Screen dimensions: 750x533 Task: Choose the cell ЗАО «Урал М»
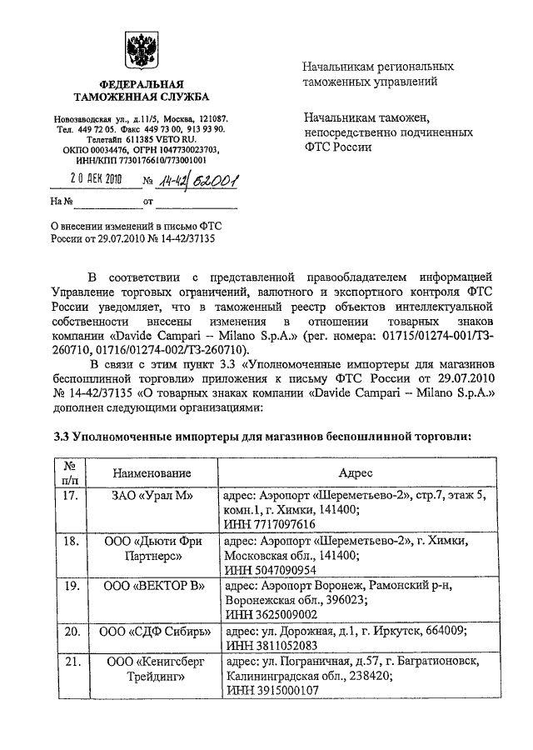[153, 496]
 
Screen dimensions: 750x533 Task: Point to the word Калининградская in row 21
[271, 676]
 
